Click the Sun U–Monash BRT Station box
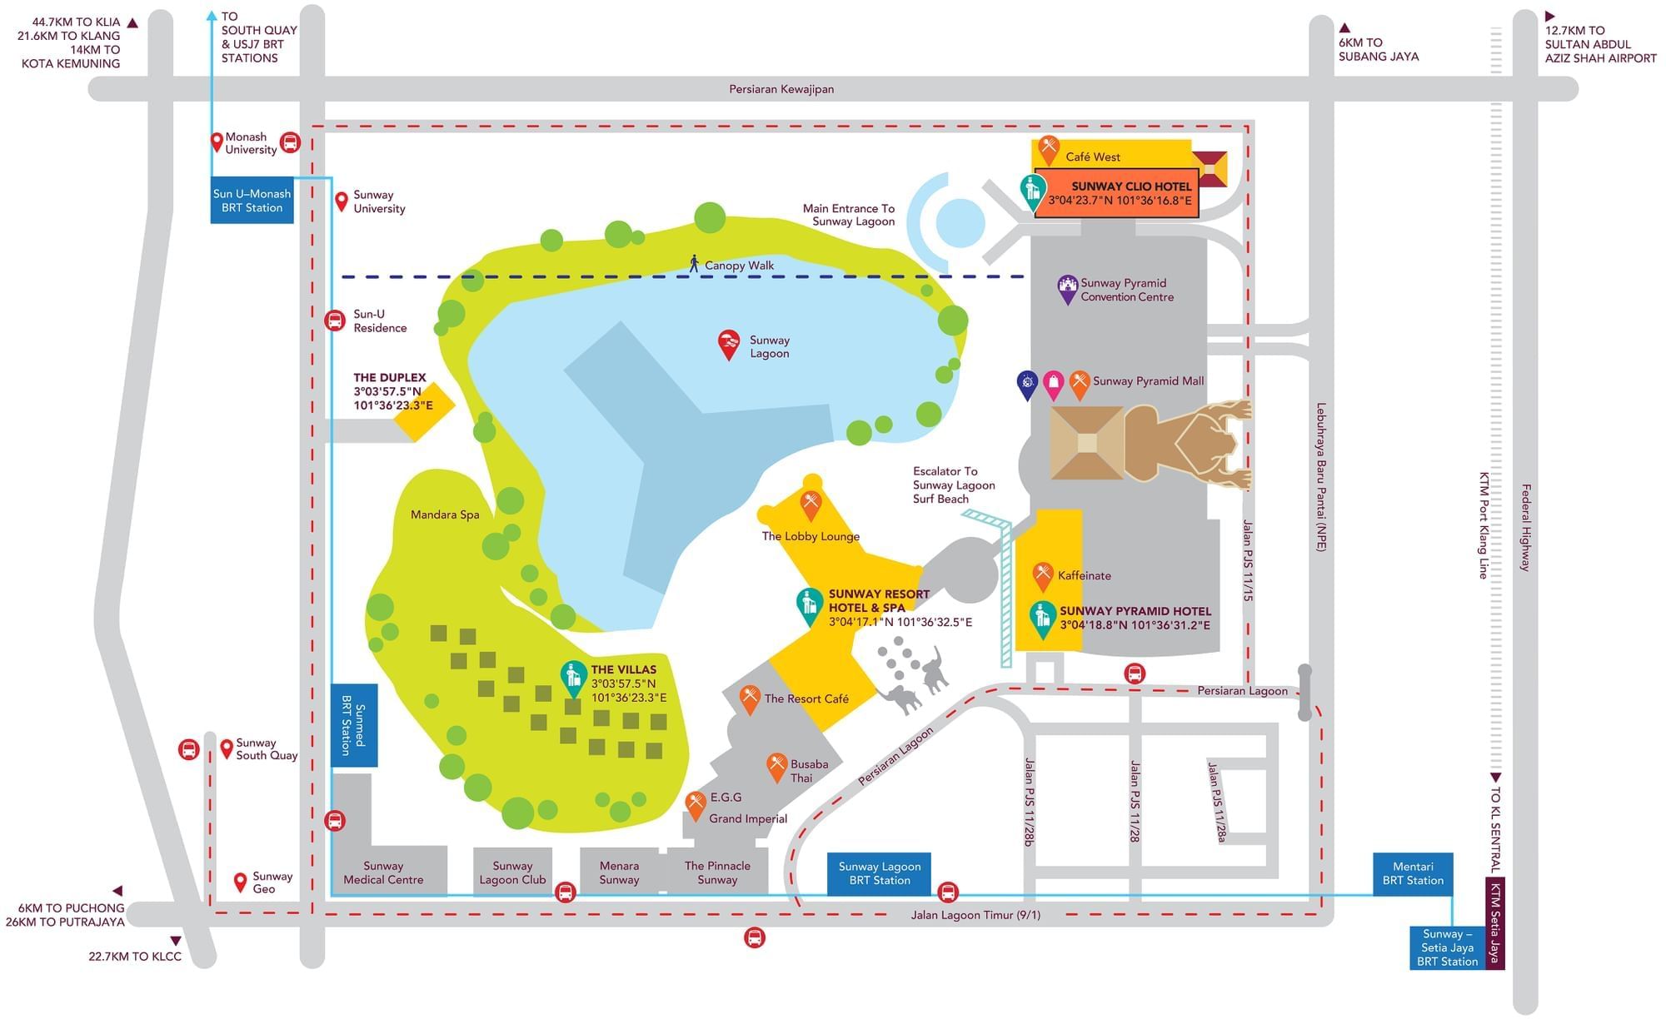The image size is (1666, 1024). click(x=252, y=201)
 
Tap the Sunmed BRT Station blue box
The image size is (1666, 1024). click(x=354, y=725)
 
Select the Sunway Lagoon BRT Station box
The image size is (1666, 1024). click(x=879, y=874)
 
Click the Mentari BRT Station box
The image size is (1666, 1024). click(x=1413, y=874)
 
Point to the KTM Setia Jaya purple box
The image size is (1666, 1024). click(x=1495, y=923)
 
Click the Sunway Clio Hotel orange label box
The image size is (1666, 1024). click(x=1116, y=193)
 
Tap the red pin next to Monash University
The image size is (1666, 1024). click(x=217, y=142)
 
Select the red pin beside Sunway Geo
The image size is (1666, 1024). click(x=241, y=882)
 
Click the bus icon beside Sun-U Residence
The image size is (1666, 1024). click(x=335, y=321)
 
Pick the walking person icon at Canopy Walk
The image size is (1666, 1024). click(x=694, y=264)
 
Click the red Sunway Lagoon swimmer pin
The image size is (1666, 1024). click(x=729, y=345)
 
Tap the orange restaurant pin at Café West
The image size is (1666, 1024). click(x=1049, y=151)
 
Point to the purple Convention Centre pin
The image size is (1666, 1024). click(x=1067, y=290)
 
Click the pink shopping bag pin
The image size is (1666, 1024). click(x=1054, y=385)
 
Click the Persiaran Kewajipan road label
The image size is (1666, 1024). click(x=781, y=89)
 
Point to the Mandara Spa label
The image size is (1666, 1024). click(x=445, y=514)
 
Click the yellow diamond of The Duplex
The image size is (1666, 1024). click(x=425, y=406)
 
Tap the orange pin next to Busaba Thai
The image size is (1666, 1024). click(x=776, y=768)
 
